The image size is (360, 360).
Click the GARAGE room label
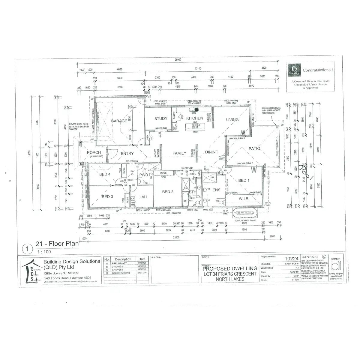[x=119, y=121]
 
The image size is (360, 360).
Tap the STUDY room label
[x=161, y=119]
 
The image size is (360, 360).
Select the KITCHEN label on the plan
[x=194, y=118]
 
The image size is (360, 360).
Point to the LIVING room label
[x=232, y=120]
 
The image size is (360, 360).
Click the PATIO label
[x=254, y=148]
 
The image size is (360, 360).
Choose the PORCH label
[x=94, y=152]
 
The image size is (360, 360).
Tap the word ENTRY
[x=127, y=154]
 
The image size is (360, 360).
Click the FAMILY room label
[x=179, y=153]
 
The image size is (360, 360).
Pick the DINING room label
[x=211, y=152]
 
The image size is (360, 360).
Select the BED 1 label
[x=244, y=180]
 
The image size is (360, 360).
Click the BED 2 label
[x=168, y=192]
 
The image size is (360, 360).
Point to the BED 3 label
[x=107, y=197]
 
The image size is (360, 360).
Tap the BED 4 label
[x=105, y=174]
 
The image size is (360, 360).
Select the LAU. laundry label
[x=143, y=197]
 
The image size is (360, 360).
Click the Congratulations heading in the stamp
[x=317, y=70]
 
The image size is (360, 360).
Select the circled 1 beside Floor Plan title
[x=27, y=249]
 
